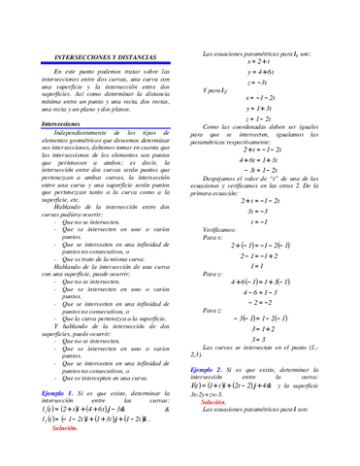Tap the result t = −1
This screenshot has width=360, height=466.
tap(264, 220)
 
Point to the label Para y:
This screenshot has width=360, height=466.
tap(213, 275)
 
